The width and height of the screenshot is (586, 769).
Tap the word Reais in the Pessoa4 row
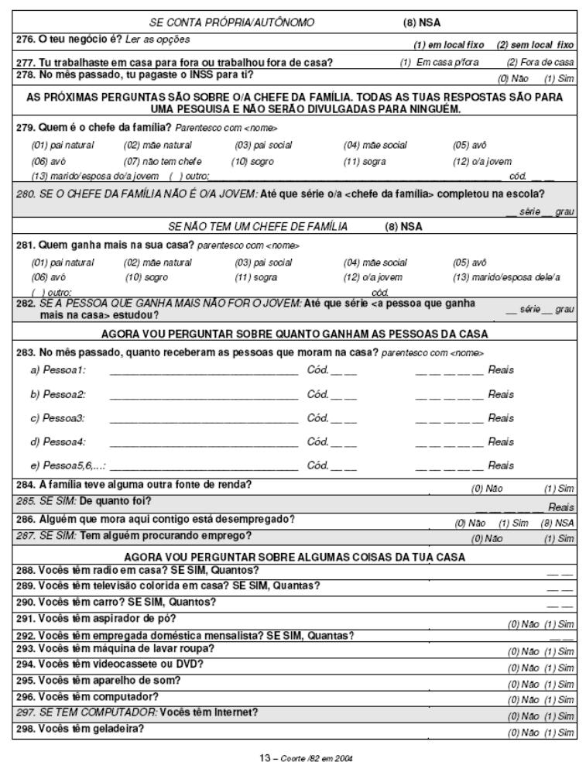pos(501,442)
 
